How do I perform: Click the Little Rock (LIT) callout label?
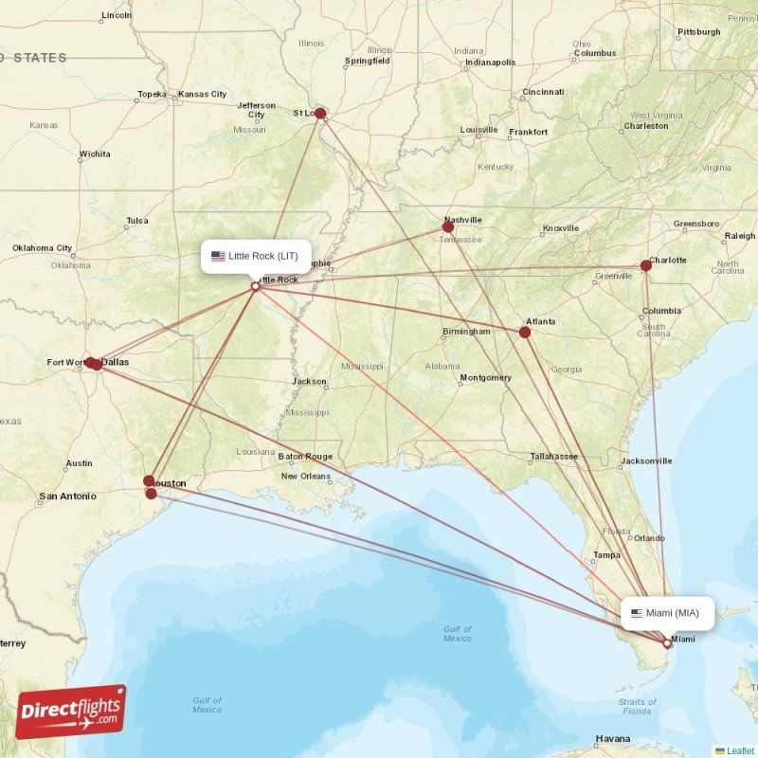tap(256, 256)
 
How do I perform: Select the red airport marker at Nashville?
tap(448, 226)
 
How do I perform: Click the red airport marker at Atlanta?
tap(525, 332)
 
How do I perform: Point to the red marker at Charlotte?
tap(646, 265)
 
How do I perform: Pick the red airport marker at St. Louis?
tap(320, 114)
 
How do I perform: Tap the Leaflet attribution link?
tap(740, 750)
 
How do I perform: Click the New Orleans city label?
tap(306, 477)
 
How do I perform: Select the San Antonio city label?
tap(67, 496)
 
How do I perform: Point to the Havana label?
tap(613, 739)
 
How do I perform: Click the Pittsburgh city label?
tap(699, 32)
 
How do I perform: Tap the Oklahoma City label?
tap(43, 248)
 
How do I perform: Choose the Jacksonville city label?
tap(646, 461)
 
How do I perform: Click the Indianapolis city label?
tap(490, 63)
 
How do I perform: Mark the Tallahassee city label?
tap(554, 457)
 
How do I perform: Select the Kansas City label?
tap(203, 95)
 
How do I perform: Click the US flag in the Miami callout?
tap(637, 613)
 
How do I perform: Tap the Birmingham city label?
tap(466, 332)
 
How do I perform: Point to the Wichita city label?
tap(95, 153)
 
